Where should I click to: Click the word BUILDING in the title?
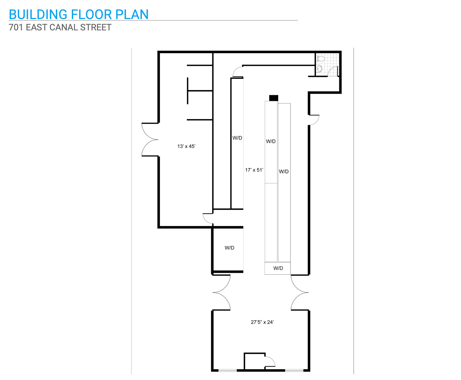38,14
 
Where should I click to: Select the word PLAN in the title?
132,14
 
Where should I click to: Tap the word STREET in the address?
96,27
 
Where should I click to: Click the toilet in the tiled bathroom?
321,59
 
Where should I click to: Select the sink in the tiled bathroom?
319,69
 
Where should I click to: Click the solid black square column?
273,98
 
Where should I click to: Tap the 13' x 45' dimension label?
186,146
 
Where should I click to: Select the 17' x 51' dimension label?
254,170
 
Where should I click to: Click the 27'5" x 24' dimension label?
262,322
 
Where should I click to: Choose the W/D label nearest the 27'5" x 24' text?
278,268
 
